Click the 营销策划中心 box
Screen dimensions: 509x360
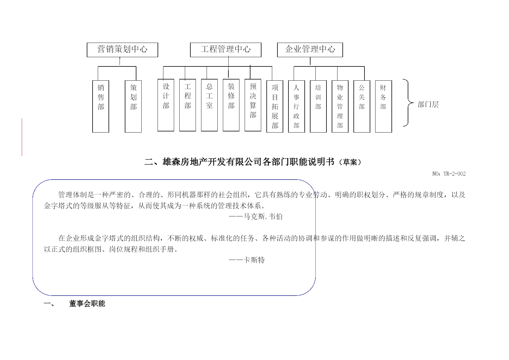tap(122, 50)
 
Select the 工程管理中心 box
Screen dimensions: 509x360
tap(226, 50)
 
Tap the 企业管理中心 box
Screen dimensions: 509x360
tap(310, 50)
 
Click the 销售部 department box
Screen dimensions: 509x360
tap(101, 106)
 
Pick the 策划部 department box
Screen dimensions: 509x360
tap(133, 106)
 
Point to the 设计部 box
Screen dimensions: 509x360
tap(166, 105)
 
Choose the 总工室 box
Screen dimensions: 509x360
tap(209, 105)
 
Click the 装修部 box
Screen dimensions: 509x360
tap(231, 105)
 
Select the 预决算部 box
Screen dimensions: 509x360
tap(253, 105)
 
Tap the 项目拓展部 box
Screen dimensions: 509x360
tap(275, 106)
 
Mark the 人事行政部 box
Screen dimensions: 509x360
tap(297, 106)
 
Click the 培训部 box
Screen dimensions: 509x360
tap(318, 106)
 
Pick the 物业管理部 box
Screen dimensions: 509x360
tap(340, 106)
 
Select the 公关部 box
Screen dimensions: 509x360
tap(362, 106)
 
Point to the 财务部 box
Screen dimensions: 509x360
tap(384, 106)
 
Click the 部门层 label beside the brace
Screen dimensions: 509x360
tap(428, 105)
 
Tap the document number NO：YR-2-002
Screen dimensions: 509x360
tap(449, 174)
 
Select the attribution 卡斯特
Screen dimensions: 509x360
tap(254, 260)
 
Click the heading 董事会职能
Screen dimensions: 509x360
tap(87, 304)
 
